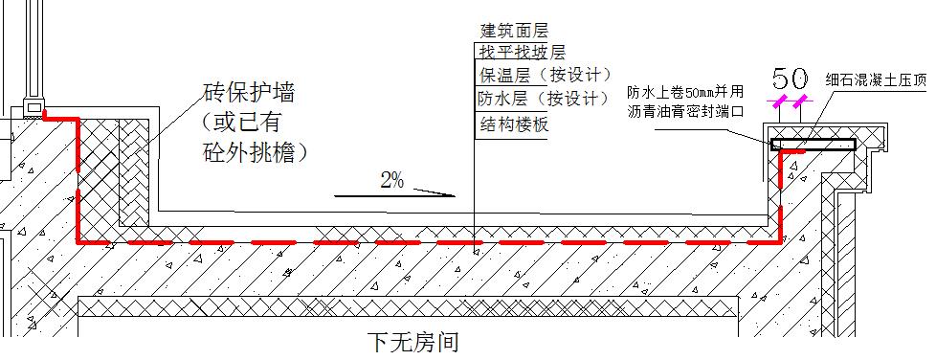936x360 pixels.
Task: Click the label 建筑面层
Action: [514, 33]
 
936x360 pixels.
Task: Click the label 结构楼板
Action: [514, 124]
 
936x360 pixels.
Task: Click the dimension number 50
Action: [791, 78]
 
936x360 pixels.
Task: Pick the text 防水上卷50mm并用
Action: [685, 93]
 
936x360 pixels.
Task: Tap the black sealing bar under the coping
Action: [813, 145]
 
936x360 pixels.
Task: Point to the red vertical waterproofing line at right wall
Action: [779, 191]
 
